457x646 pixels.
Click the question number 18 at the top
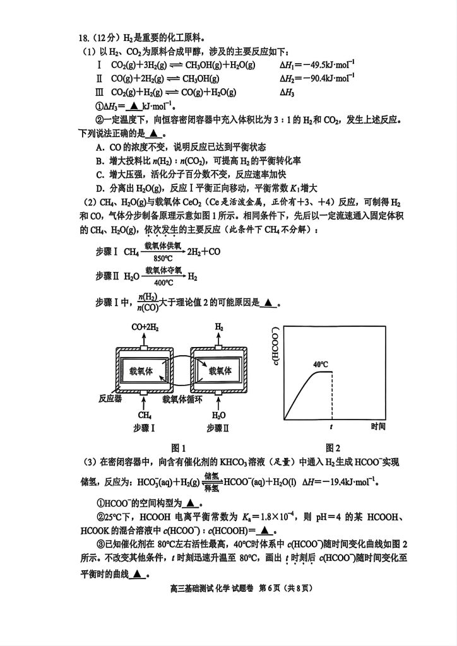point(84,38)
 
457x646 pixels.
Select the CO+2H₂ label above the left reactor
point(145,328)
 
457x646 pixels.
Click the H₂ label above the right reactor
point(219,328)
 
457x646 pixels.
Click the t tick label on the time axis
point(331,427)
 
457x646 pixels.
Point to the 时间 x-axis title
point(378,426)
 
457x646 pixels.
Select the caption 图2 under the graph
point(333,447)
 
